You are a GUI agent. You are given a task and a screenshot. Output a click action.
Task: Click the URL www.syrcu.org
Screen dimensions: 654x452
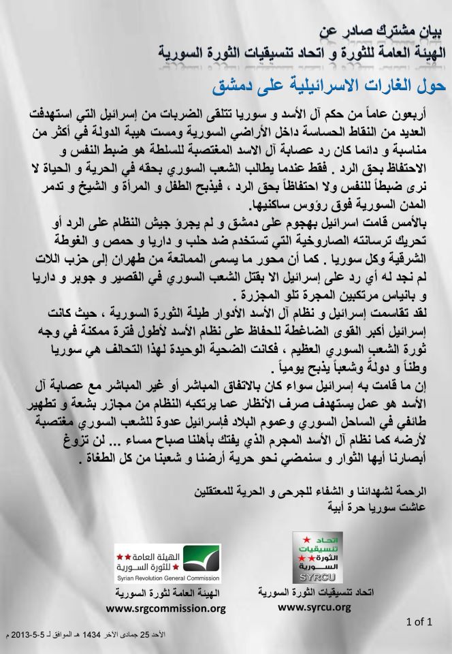pos(315,606)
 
